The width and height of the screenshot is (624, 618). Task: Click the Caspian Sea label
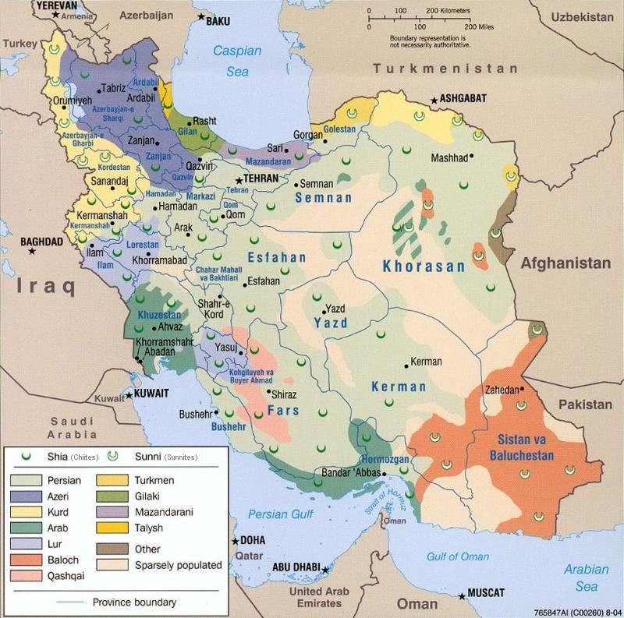tap(239, 61)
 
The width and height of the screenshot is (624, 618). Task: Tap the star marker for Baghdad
tap(32, 251)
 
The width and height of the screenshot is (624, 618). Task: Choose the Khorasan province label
tap(424, 267)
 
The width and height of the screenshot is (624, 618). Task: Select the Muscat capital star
tap(463, 596)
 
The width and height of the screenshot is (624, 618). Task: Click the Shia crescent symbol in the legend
tap(26, 456)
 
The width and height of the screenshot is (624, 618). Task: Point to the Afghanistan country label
tap(566, 263)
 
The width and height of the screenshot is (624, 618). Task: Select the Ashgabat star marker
tap(434, 100)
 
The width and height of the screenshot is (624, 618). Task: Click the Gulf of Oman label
tap(458, 556)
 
